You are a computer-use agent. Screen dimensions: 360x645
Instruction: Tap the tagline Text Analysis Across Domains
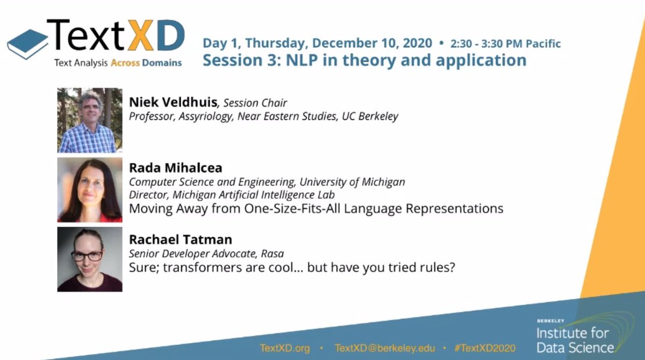coord(118,63)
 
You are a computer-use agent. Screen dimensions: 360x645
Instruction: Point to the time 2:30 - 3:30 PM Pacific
coord(505,44)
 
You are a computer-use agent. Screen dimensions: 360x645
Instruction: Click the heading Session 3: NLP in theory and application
coord(364,60)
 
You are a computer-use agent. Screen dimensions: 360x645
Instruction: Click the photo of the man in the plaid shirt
coord(90,120)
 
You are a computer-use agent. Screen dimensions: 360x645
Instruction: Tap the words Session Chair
coord(255,103)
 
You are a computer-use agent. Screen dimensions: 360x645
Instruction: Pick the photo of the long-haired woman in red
coord(90,190)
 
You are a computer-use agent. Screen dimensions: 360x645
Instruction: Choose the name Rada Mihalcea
coord(175,168)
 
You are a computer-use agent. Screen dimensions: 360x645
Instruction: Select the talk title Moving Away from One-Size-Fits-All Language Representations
coord(316,208)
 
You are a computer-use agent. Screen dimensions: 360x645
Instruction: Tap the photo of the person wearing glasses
coord(90,259)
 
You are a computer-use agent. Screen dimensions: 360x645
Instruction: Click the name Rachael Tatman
coord(180,240)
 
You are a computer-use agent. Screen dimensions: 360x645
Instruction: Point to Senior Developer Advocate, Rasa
coord(206,254)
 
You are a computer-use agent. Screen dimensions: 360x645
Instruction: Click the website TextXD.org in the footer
coord(285,348)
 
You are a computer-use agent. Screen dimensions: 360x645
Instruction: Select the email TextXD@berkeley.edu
coord(384,348)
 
